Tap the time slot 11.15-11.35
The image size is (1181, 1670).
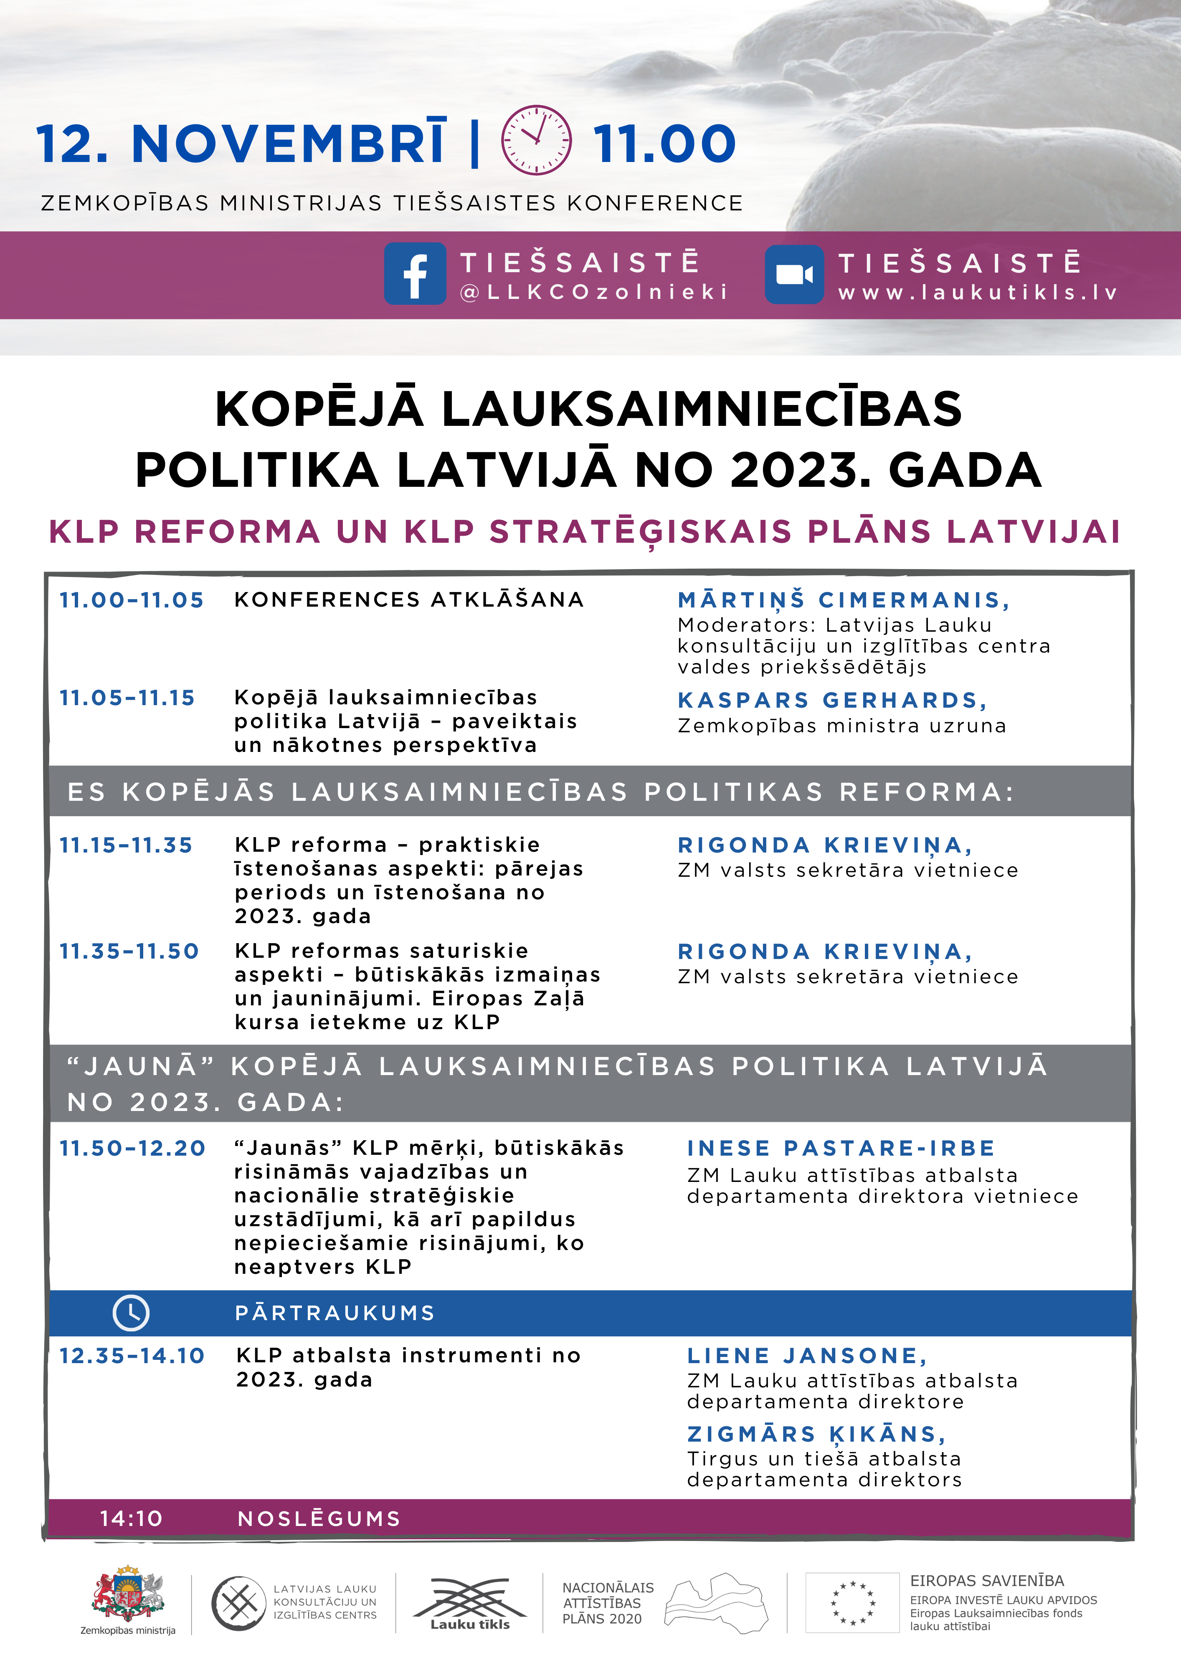point(126,845)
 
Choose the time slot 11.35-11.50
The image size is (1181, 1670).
point(129,951)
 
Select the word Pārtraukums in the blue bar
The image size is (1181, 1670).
point(335,1313)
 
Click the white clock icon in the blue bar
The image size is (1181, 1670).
point(131,1313)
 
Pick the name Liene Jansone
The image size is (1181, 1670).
point(807,1356)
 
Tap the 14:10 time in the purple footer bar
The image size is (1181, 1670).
point(131,1519)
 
